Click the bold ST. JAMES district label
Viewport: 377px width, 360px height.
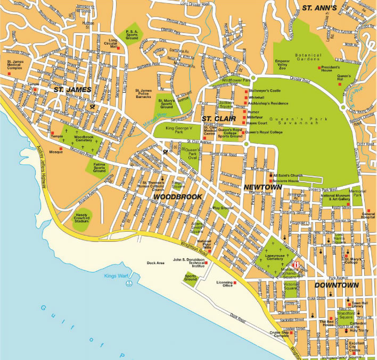(x=72, y=90)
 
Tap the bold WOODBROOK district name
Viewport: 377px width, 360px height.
(x=177, y=197)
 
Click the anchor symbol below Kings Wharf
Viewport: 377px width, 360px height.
(x=128, y=284)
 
